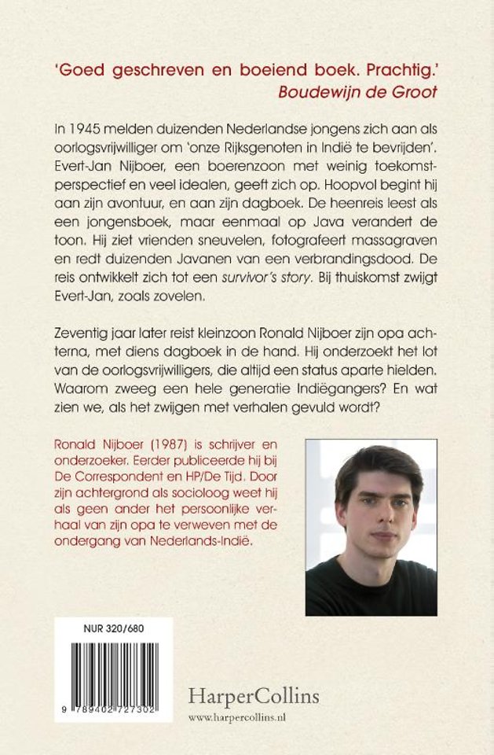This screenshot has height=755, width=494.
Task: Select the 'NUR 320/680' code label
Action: (113, 629)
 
